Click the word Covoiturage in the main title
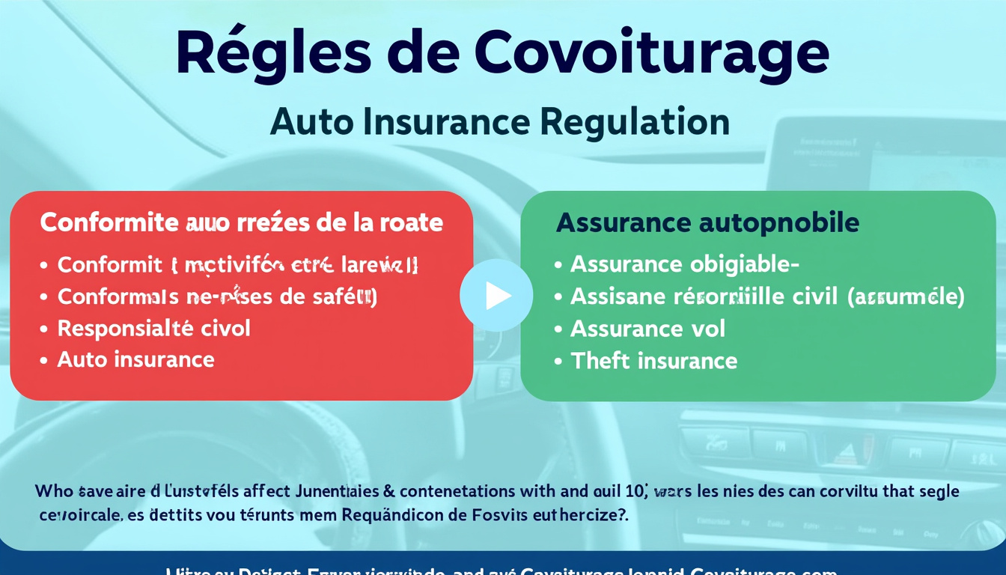[x=651, y=55]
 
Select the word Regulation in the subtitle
[x=634, y=122]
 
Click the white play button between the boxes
[x=496, y=296]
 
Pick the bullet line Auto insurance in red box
[x=135, y=359]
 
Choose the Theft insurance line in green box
[x=653, y=361]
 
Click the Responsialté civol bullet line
[x=153, y=328]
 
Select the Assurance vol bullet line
[x=647, y=328]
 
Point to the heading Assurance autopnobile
[x=707, y=222]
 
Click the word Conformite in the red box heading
[x=109, y=222]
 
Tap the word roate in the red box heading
[x=406, y=222]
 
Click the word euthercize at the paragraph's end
[x=594, y=516]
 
